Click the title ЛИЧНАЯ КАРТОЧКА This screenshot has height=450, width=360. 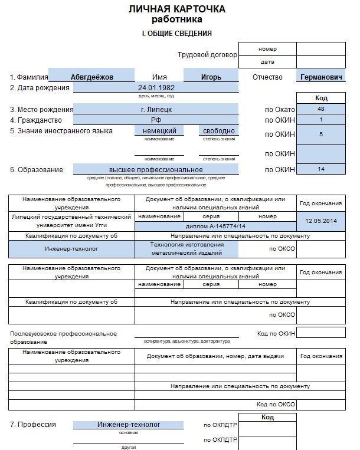pos(176,10)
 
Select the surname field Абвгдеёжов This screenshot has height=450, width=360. pos(91,77)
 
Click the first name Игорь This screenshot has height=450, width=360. pos(211,77)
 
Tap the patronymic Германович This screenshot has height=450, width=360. pos(321,77)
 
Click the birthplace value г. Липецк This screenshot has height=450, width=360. pos(156,109)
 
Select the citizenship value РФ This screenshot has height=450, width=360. pos(156,120)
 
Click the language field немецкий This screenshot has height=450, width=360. pos(159,131)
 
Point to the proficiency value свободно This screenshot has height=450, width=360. pos(219,131)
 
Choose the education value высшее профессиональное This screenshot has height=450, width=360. pos(156,170)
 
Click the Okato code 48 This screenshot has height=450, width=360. pos(320,109)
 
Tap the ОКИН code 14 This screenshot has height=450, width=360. pos(320,169)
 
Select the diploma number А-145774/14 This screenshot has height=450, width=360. pos(215,226)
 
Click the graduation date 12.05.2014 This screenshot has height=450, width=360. pos(320,221)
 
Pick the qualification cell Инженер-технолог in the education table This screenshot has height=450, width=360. pos(71,249)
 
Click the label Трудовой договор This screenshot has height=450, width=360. pos(207,55)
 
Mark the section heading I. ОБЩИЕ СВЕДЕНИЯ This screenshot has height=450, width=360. pos(176,34)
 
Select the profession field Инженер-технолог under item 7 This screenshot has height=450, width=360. pos(129,425)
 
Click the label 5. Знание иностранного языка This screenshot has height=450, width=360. pos(61,131)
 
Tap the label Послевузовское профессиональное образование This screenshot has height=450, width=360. pos(63,337)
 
